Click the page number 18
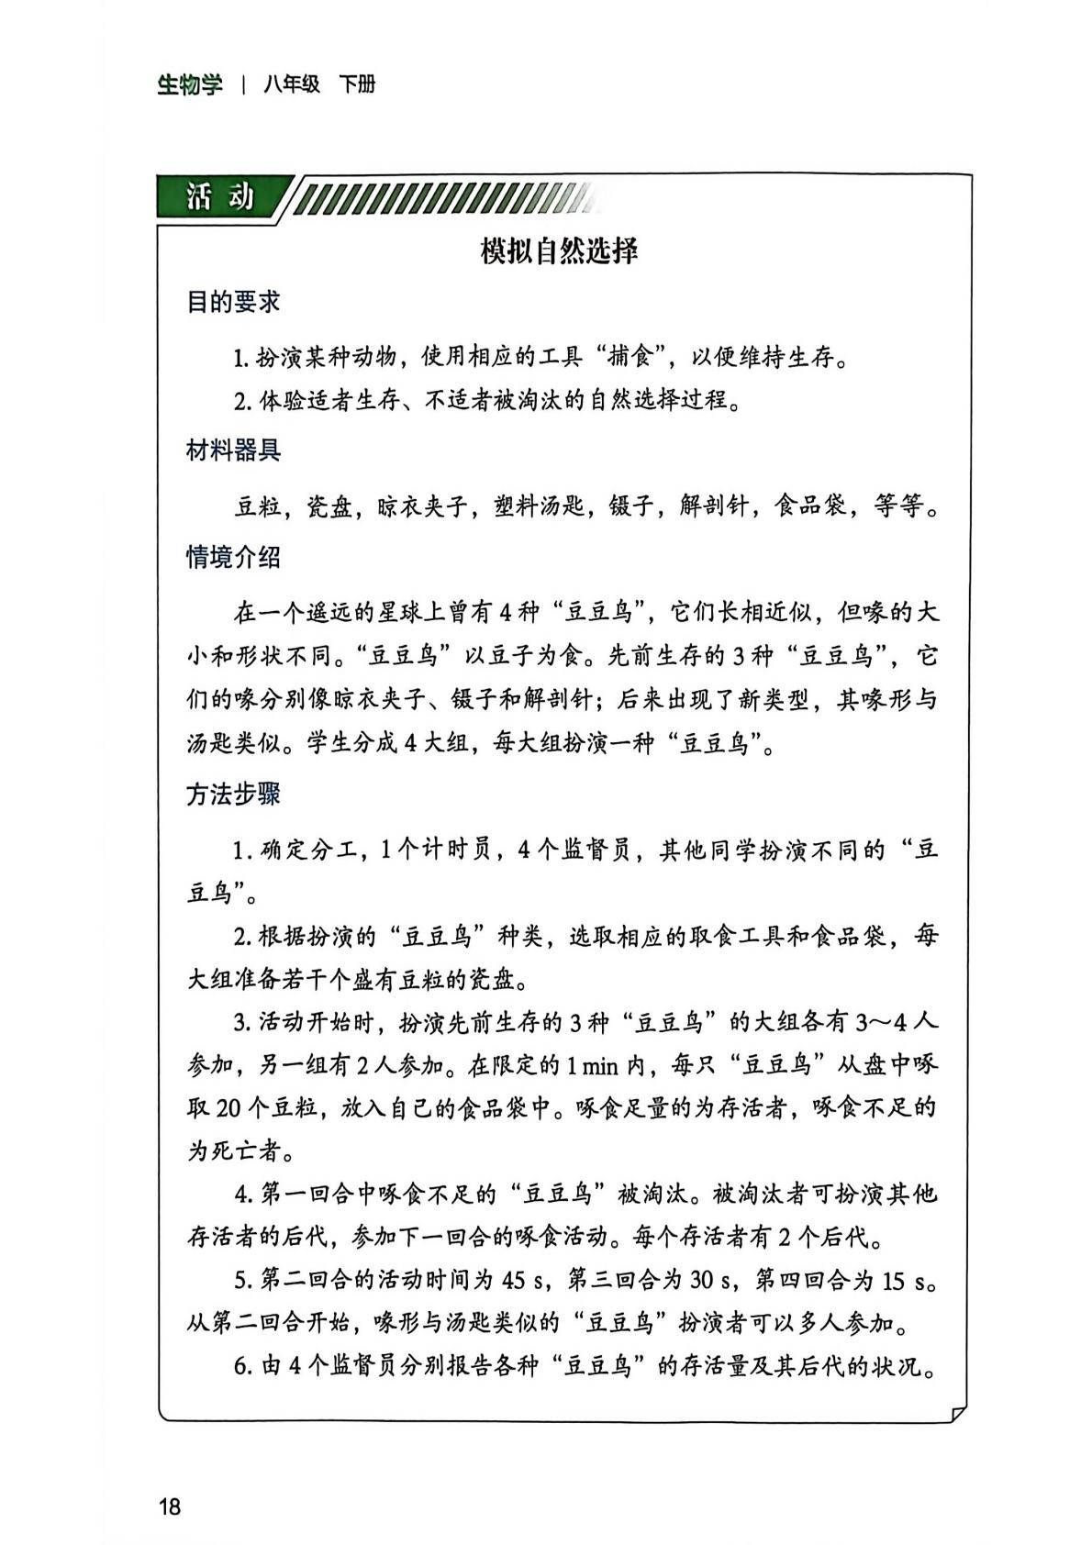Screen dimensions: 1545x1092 (x=170, y=1506)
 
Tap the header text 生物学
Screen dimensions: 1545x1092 (x=190, y=85)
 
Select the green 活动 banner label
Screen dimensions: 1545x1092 (x=220, y=196)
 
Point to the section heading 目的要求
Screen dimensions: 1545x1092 (x=233, y=302)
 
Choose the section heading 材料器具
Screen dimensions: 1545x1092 (x=233, y=450)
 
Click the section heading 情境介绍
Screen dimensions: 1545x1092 (x=233, y=558)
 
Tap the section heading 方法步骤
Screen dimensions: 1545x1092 (x=233, y=795)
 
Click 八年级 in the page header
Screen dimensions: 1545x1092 (x=292, y=85)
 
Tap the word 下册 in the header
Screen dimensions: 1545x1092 (x=357, y=85)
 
